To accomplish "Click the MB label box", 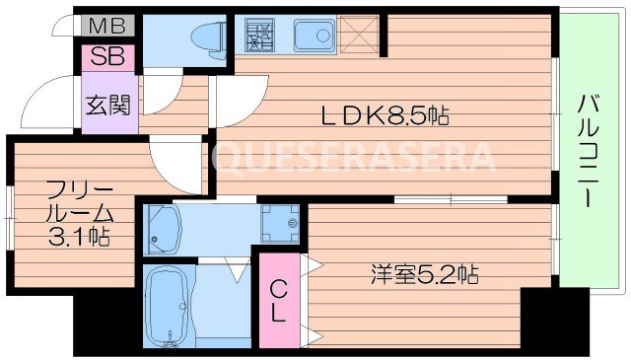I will click(x=102, y=26).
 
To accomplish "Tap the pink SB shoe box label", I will click(x=103, y=55).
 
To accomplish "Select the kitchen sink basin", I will click(x=315, y=37).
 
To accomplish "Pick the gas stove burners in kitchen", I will click(x=259, y=36).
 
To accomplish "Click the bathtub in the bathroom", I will click(x=172, y=306).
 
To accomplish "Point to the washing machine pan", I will click(x=280, y=225).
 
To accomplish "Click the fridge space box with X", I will click(x=360, y=36).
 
